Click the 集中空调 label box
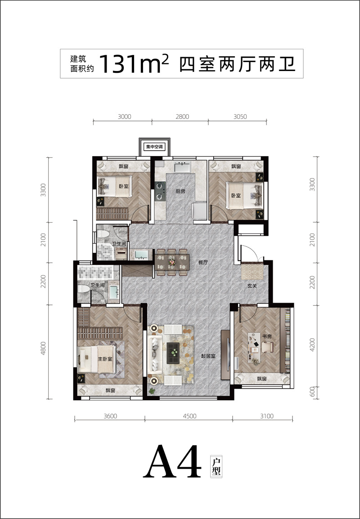pyautogui.click(x=155, y=147)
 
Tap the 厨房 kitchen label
pyautogui.click(x=180, y=191)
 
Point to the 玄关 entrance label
pyautogui.click(x=252, y=286)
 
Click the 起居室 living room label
pyautogui.click(x=208, y=357)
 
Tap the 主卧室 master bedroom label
pyautogui.click(x=105, y=359)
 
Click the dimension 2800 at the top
pyautogui.click(x=182, y=116)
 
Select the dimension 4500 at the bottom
pyautogui.click(x=189, y=416)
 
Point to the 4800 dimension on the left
pyautogui.click(x=43, y=348)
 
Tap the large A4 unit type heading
pyautogui.click(x=172, y=462)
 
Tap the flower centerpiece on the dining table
pyautogui.click(x=171, y=263)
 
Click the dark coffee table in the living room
pyautogui.click(x=173, y=353)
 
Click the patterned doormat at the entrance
pyautogui.click(x=252, y=272)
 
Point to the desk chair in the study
pyautogui.click(x=267, y=347)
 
